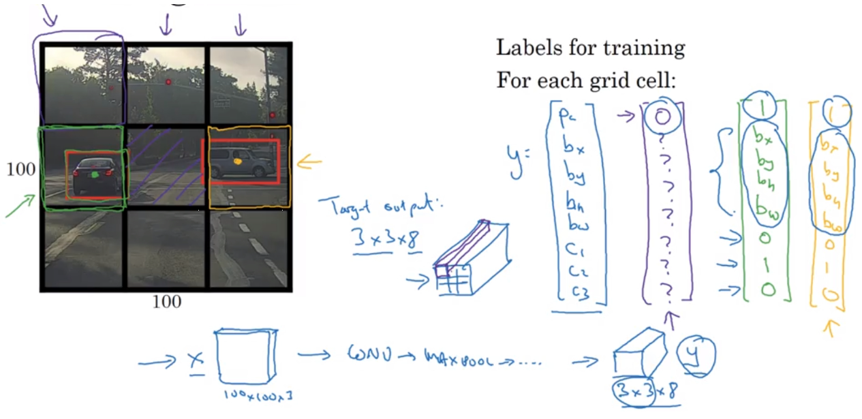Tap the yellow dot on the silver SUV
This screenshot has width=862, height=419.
tap(237, 162)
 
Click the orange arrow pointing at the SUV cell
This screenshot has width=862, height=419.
tap(310, 162)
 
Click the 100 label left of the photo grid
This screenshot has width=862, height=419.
tap(20, 169)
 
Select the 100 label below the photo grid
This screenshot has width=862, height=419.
tap(166, 302)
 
